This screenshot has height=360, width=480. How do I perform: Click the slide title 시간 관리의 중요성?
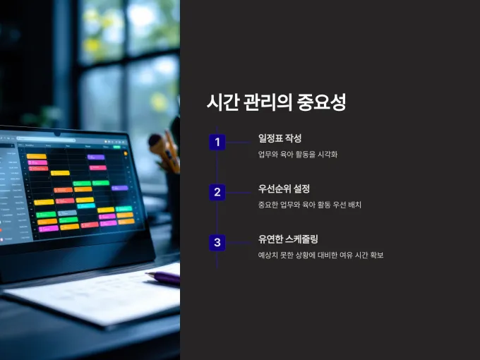pos(277,102)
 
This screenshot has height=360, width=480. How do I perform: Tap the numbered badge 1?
pos(217,142)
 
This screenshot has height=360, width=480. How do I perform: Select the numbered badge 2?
pos(217,192)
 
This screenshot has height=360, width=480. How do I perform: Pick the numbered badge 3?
pos(217,242)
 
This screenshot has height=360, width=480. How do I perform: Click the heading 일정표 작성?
pos(280,138)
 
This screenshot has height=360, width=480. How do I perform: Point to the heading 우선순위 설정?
pos(284,188)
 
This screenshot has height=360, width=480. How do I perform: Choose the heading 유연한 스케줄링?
pos(288,239)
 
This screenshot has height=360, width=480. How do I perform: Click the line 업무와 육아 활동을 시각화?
pos(298,155)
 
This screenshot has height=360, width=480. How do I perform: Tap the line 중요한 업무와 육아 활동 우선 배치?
pos(309,205)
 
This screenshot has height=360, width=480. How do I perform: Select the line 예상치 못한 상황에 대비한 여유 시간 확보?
pos(320,255)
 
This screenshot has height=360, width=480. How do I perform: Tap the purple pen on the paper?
pos(163,277)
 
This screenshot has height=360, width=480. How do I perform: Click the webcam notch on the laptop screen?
pos(57,134)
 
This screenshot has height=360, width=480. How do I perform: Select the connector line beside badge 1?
pos(239,143)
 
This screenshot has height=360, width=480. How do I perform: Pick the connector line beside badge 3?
pos(239,243)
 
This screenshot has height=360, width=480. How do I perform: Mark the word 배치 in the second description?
pos(355,205)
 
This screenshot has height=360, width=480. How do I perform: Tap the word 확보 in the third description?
pos(376,255)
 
